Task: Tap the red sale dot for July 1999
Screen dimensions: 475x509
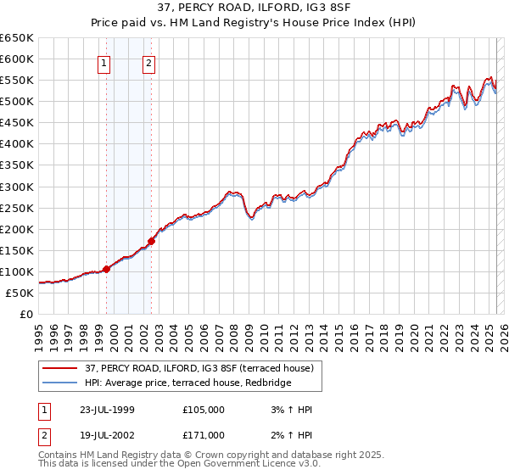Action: coord(107,269)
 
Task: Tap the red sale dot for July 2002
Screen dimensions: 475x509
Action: coord(152,241)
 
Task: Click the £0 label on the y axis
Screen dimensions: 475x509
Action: coord(26,314)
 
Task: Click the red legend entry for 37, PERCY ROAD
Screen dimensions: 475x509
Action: coord(199,368)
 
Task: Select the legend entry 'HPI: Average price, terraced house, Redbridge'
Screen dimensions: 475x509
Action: coord(187,383)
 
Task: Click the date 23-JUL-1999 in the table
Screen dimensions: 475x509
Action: coord(108,410)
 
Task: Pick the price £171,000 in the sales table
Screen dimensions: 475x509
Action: coord(204,435)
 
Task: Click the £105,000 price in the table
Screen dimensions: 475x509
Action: coord(204,410)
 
